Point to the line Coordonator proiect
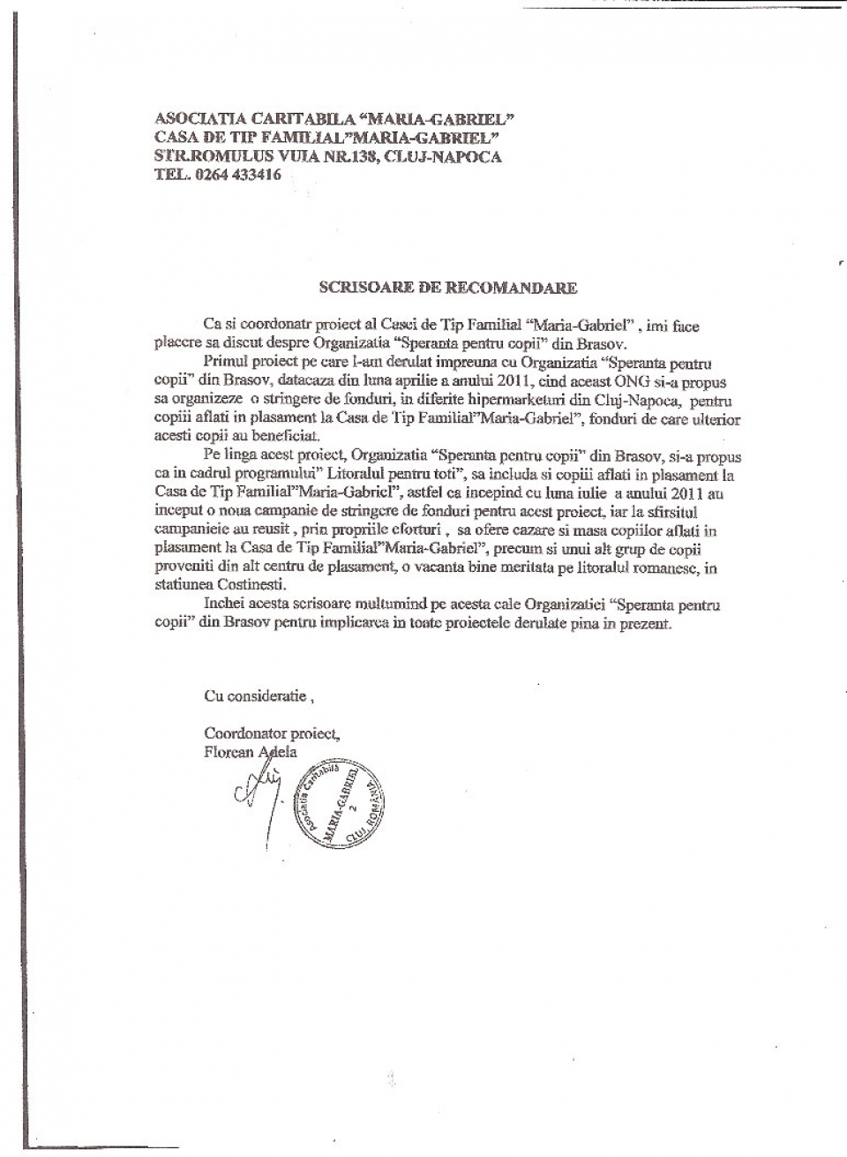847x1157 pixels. point(272,733)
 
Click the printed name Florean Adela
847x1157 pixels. point(251,752)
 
